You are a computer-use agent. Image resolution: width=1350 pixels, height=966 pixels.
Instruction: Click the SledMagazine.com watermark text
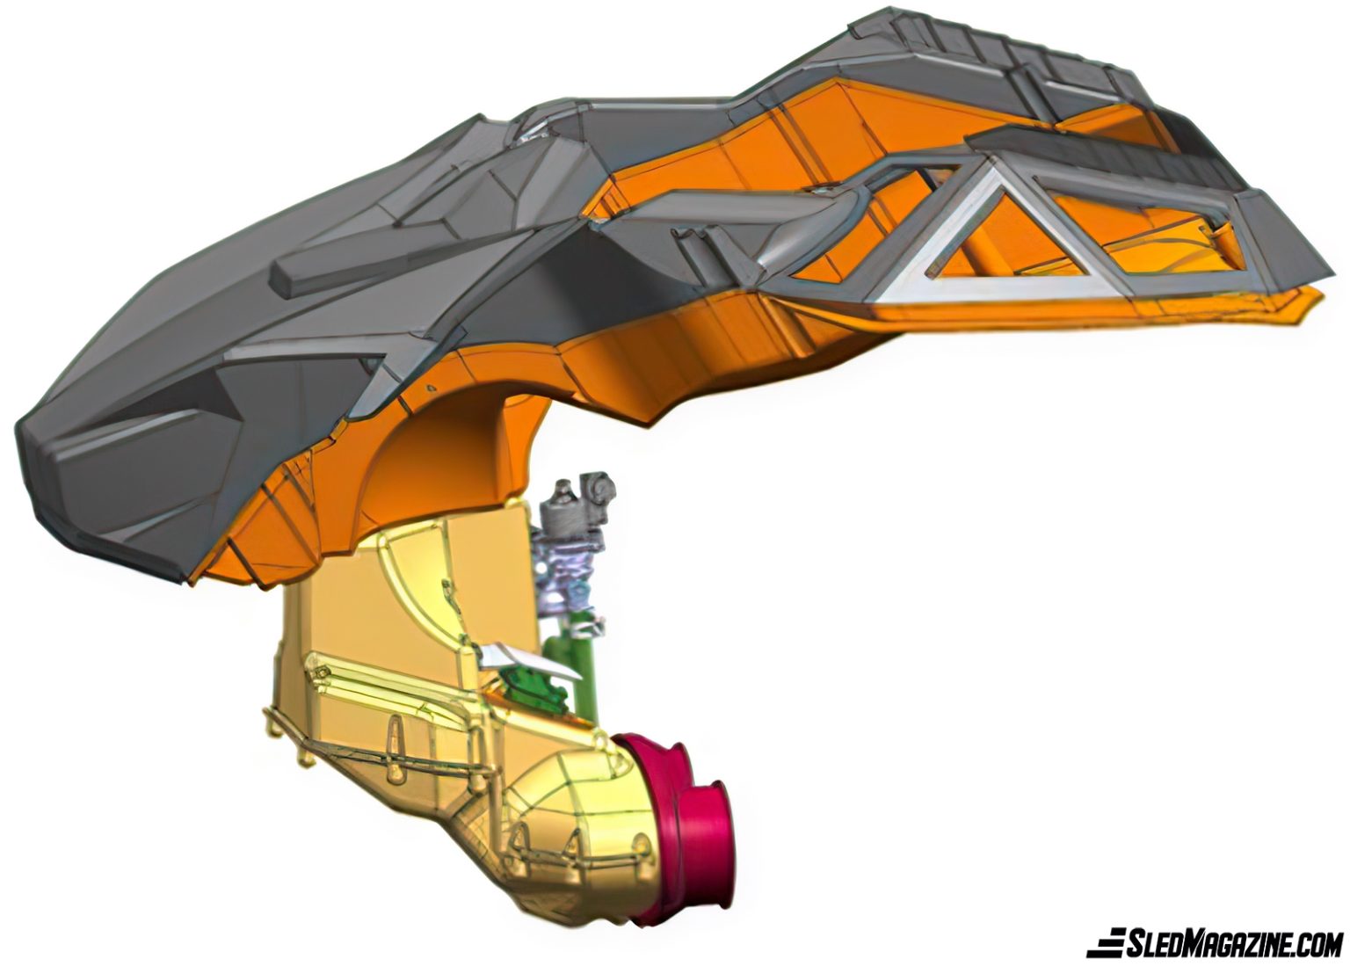click(1233, 944)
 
